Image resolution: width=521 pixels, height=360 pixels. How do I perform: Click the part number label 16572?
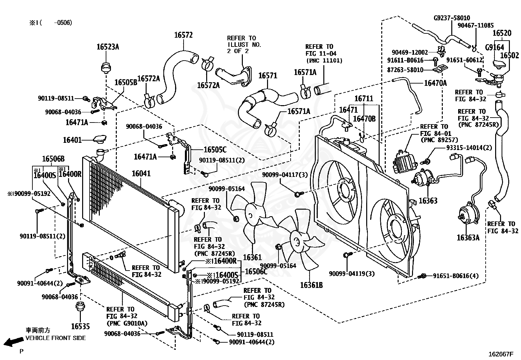pos(184,35)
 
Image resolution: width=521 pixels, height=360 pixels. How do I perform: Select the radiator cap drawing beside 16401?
pos(100,139)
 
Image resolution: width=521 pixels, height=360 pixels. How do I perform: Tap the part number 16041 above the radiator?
pos(141,174)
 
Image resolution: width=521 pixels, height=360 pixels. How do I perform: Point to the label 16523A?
pos(108,47)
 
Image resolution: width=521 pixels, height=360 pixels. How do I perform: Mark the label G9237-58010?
pos(452,18)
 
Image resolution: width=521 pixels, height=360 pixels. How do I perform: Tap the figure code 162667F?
pos(500,354)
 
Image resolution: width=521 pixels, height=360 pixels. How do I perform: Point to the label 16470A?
pos(435,83)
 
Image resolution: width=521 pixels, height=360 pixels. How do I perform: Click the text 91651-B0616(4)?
pos(456,276)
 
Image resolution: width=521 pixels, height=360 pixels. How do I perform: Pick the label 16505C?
pos(215,150)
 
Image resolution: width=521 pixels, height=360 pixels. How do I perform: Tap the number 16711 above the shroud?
pos(364,99)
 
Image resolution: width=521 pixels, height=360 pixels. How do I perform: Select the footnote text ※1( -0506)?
pos(51,23)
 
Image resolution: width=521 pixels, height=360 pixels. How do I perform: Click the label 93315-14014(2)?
pos(469,148)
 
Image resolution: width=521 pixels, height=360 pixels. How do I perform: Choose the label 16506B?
pos(53,159)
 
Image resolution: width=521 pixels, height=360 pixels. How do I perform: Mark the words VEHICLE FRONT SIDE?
pos(56,338)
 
